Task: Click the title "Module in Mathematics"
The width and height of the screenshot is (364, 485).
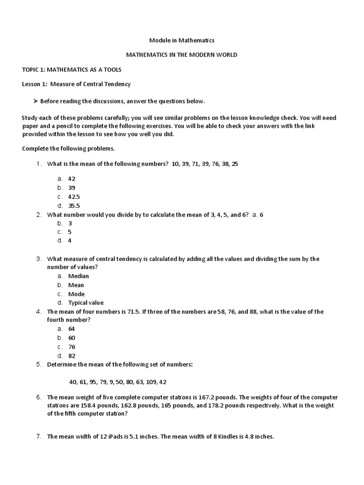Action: pos(182,41)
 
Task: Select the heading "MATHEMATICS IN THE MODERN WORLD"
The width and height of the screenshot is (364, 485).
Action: pos(182,55)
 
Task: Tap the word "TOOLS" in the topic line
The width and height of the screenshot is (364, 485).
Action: pos(112,70)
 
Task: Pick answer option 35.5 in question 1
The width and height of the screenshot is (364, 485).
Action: pos(74,206)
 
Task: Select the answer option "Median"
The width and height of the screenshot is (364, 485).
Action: pos(78,276)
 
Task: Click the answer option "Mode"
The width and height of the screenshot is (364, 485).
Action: pos(76,294)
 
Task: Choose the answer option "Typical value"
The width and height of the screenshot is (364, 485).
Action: pos(85,303)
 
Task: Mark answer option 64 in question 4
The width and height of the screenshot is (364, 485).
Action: pos(72,329)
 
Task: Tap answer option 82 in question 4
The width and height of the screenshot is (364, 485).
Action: pos(72,356)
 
